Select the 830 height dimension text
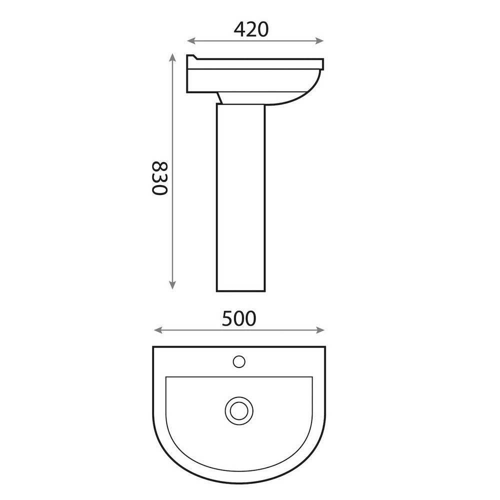coord(158,178)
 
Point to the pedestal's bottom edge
coord(239,290)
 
